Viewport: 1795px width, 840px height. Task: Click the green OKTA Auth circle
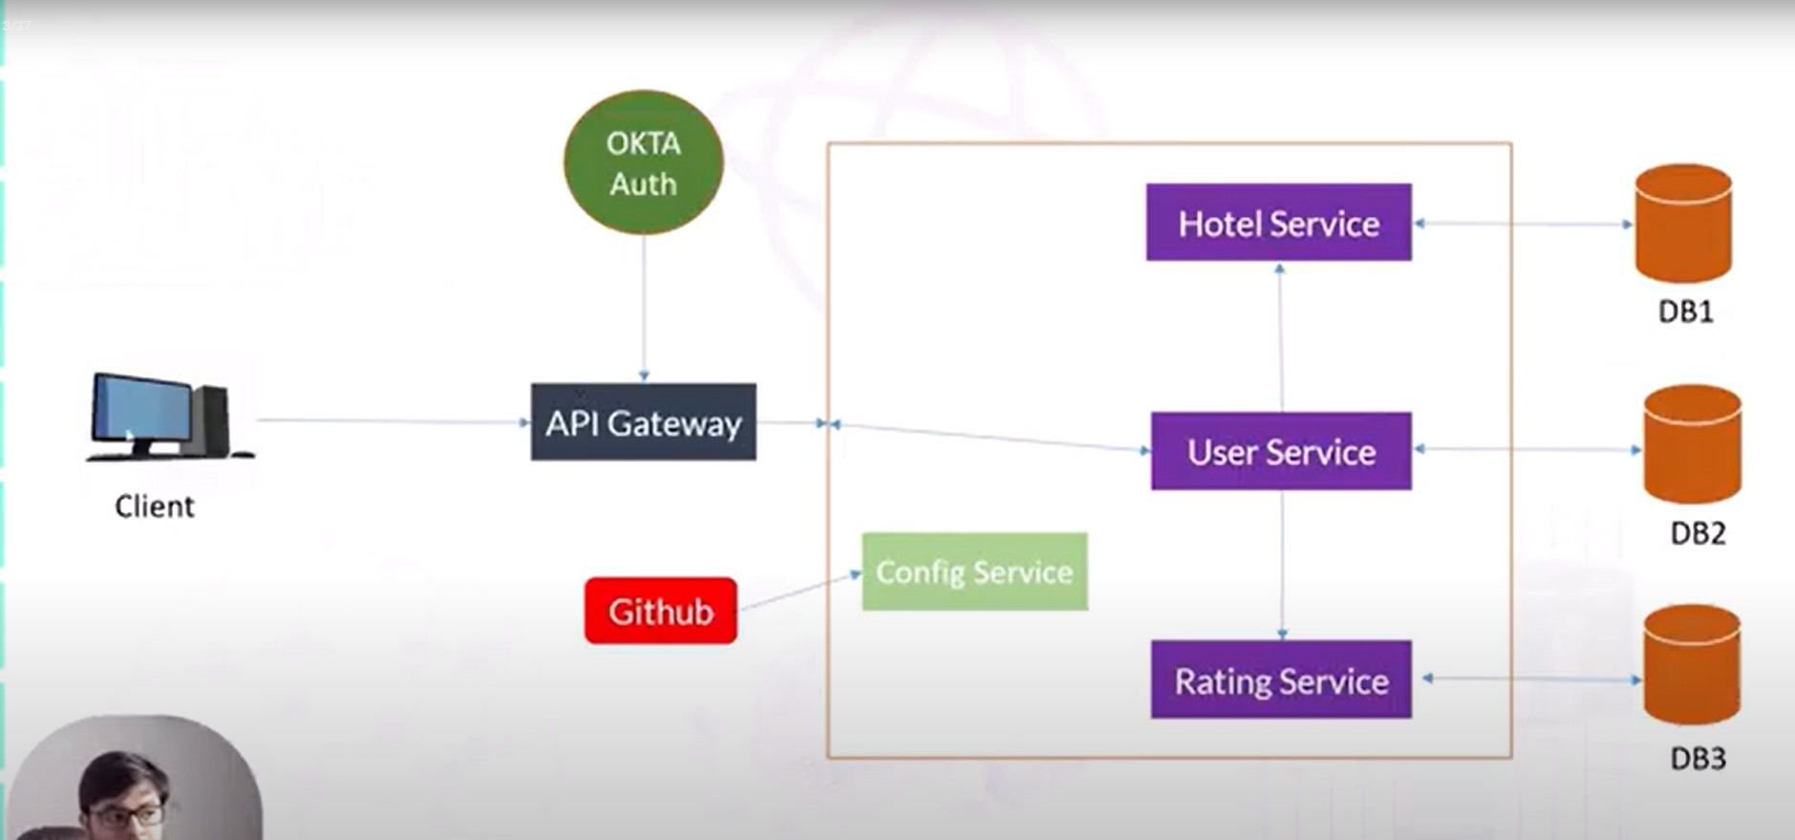[643, 162]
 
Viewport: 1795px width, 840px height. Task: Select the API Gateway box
[643, 422]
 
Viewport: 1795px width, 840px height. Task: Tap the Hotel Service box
[1278, 223]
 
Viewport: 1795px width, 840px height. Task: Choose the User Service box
[1280, 451]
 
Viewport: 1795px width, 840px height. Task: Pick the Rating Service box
[1280, 679]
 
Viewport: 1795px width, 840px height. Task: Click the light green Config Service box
[974, 571]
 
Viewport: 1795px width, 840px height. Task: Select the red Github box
[660, 611]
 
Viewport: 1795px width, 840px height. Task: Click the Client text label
[154, 506]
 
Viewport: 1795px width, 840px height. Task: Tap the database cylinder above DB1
[1683, 224]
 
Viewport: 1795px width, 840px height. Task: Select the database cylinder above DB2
[1692, 445]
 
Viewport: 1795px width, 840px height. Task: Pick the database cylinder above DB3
[1692, 665]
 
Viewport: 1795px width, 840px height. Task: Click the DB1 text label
[1685, 312]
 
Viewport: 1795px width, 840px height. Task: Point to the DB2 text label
[1698, 532]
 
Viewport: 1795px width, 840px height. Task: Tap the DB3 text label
[1698, 758]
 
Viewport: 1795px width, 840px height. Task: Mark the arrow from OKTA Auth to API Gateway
[644, 306]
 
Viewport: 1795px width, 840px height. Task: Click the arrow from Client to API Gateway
[392, 420]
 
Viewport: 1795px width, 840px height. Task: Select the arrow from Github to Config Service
[799, 592]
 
